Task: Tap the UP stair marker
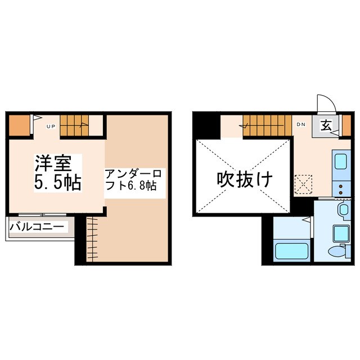50,127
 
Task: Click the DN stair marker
301,124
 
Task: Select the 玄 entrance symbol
326,125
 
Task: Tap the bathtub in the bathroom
291,249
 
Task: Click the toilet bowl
339,251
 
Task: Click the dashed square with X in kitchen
304,183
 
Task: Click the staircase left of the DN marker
267,125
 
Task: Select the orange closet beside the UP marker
20,125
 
